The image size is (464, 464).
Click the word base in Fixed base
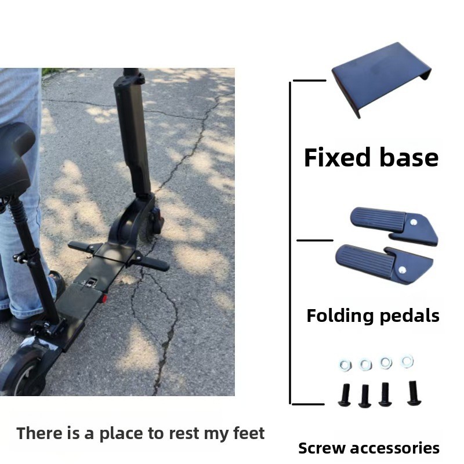pyautogui.click(x=409, y=157)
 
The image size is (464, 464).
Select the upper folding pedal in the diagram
pyautogui.click(x=394, y=226)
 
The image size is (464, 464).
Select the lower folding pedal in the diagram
pyautogui.click(x=384, y=262)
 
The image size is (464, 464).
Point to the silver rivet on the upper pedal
pyautogui.click(x=414, y=222)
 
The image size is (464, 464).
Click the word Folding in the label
pyautogui.click(x=340, y=316)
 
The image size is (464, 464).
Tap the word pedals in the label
pyautogui.click(x=409, y=316)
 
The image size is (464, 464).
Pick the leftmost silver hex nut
pyautogui.click(x=346, y=365)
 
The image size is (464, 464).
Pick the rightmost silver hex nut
pyautogui.click(x=407, y=361)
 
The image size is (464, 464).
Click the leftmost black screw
pyautogui.click(x=345, y=394)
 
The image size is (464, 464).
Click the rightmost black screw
pyautogui.click(x=414, y=393)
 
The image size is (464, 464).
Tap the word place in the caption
pyautogui.click(x=121, y=434)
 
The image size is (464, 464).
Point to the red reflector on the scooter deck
pyautogui.click(x=104, y=299)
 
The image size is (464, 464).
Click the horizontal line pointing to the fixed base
pyautogui.click(x=309, y=80)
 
